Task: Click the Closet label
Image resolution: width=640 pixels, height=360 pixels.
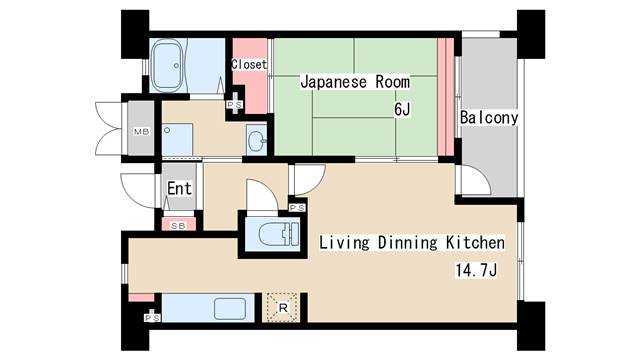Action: [x=249, y=64]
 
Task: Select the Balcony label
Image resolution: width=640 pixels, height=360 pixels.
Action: [x=488, y=118]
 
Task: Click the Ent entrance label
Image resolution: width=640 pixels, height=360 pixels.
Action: [x=180, y=188]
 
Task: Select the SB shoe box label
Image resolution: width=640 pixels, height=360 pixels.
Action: [x=179, y=226]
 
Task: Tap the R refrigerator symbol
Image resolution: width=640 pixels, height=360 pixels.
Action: [x=282, y=308]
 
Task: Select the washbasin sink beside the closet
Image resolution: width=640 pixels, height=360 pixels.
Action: [x=255, y=140]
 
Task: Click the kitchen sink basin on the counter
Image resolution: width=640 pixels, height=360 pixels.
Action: [x=230, y=308]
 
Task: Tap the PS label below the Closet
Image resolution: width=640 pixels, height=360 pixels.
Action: [x=235, y=104]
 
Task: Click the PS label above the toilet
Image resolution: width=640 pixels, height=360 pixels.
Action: [x=297, y=207]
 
